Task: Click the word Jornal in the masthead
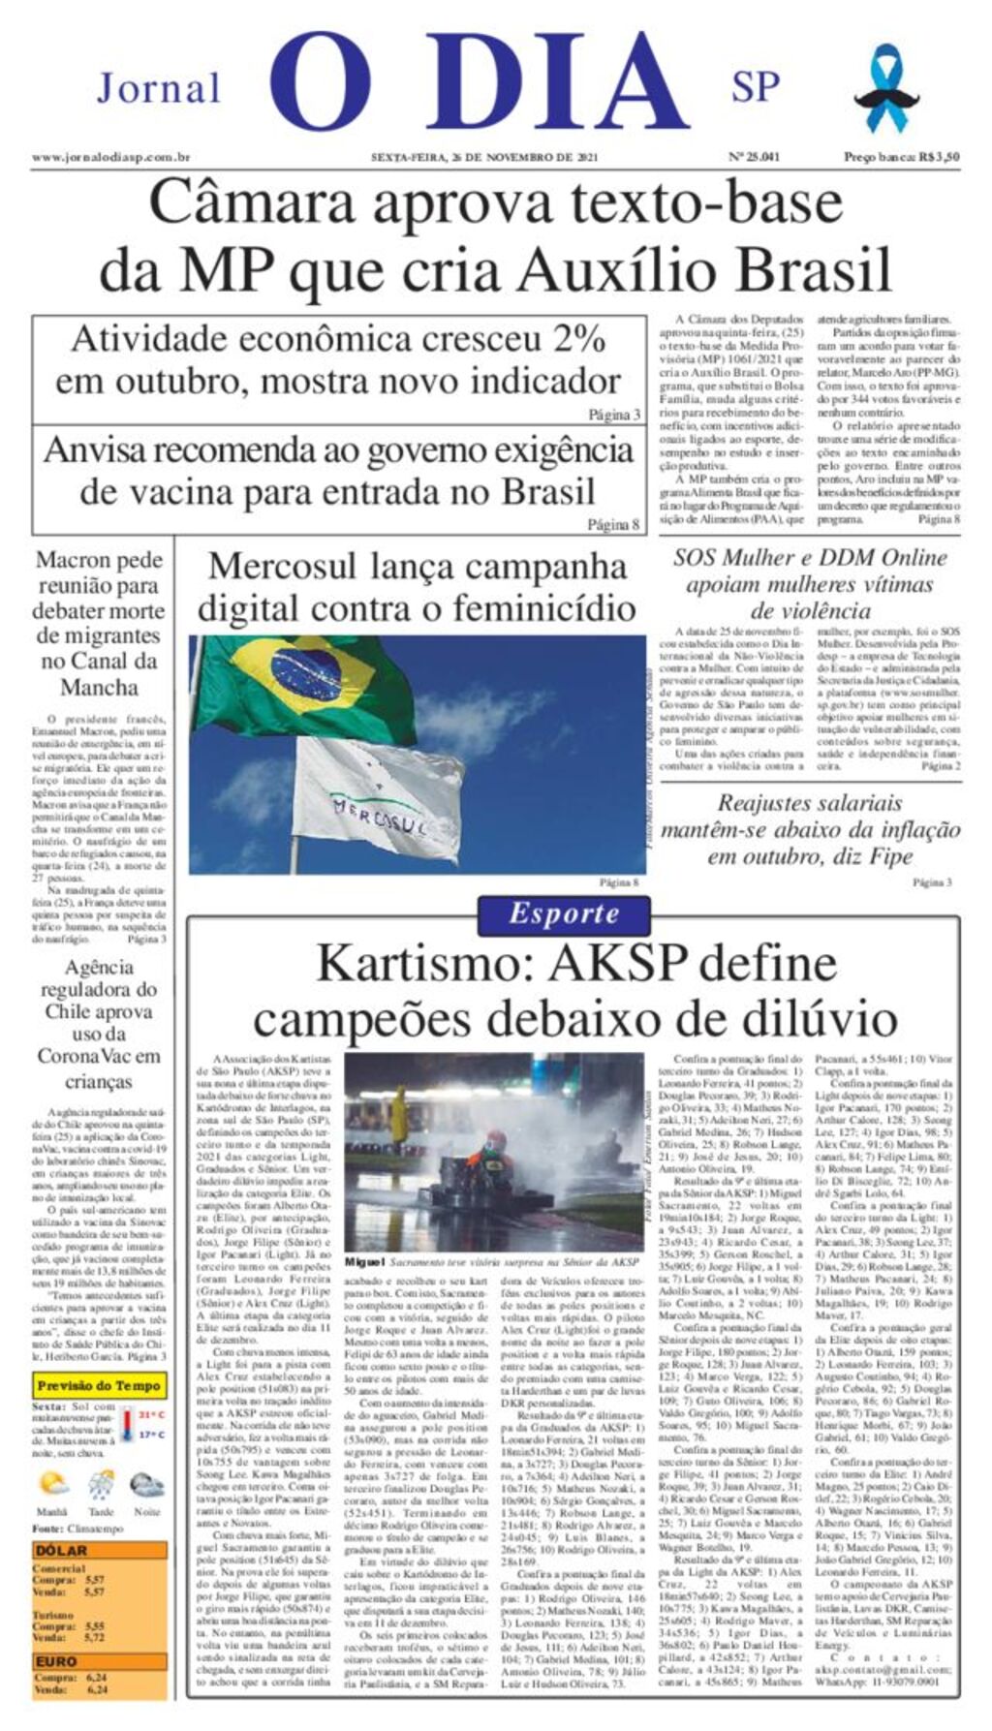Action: click(159, 89)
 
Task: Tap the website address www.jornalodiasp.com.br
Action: click(110, 157)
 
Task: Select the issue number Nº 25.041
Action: click(754, 157)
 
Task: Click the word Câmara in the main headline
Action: click(253, 205)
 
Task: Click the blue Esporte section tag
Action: click(564, 913)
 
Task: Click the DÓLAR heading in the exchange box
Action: click(61, 1550)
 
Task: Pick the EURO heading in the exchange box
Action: click(56, 1661)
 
